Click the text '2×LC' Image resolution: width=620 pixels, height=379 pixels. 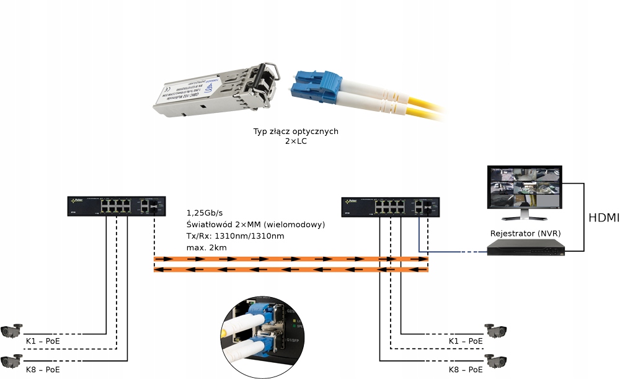pyautogui.click(x=296, y=141)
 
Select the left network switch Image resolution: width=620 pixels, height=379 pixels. pyautogui.click(x=117, y=206)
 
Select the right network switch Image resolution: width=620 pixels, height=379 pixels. pyautogui.click(x=391, y=206)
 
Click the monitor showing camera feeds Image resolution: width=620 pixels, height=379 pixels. pyautogui.click(x=524, y=190)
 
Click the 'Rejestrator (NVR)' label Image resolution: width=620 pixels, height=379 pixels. pyautogui.click(x=524, y=233)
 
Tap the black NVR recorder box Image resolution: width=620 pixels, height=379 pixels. pyautogui.click(x=526, y=249)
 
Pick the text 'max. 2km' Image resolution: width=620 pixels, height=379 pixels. pyautogui.click(x=206, y=248)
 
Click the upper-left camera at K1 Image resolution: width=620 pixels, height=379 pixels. pyautogui.click(x=12, y=331)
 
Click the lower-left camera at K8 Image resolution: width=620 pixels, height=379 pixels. pyautogui.click(x=12, y=360)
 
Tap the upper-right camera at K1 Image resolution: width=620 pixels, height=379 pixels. pyautogui.click(x=496, y=331)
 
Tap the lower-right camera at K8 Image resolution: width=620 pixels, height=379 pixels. pyautogui.click(x=496, y=360)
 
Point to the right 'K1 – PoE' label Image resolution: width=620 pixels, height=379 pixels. pyautogui.click(x=466, y=341)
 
